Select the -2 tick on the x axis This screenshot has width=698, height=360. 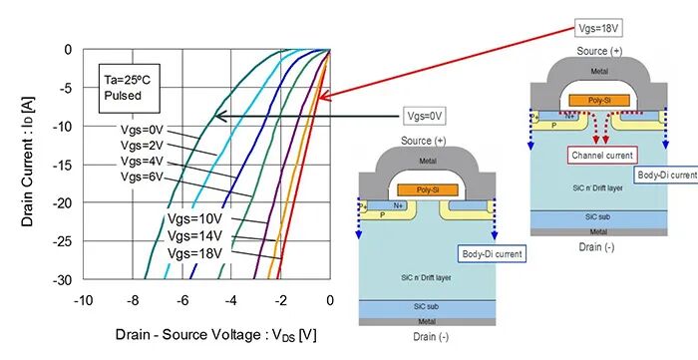tap(281, 299)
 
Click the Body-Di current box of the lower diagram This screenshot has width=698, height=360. tap(494, 254)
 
